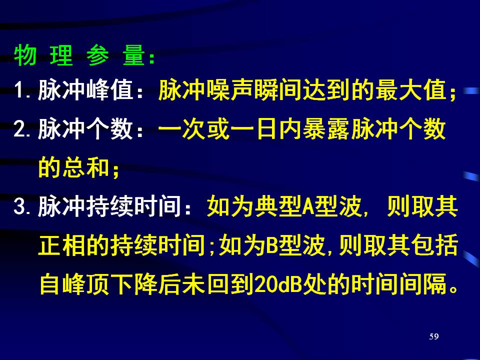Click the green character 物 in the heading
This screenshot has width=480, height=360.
click(25, 55)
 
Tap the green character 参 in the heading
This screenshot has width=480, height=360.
click(97, 55)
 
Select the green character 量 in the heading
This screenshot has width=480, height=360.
click(134, 55)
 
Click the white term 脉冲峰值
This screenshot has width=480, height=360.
click(86, 90)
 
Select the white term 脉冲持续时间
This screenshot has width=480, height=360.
click(110, 206)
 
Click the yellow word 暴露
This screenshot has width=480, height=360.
click(326, 128)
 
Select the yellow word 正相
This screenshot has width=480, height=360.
click(62, 245)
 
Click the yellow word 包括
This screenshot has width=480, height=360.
click(434, 245)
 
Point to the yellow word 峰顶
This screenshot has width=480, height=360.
click(86, 284)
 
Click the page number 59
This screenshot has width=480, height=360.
click(434, 336)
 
